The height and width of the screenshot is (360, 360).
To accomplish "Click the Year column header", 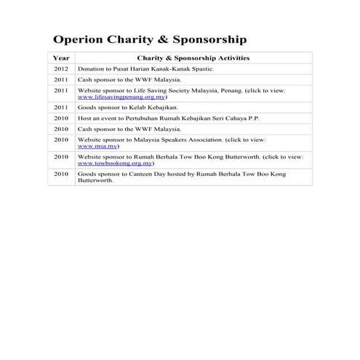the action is tap(62, 57).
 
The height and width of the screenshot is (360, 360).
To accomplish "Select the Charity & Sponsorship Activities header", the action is tap(193, 57).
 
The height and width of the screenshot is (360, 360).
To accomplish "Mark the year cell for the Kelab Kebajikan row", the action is tap(62, 106).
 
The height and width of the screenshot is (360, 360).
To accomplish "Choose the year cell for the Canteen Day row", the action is tap(62, 175).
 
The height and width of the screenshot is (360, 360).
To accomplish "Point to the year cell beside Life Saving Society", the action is tap(62, 90).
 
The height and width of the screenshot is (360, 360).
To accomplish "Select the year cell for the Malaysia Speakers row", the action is tap(62, 138).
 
